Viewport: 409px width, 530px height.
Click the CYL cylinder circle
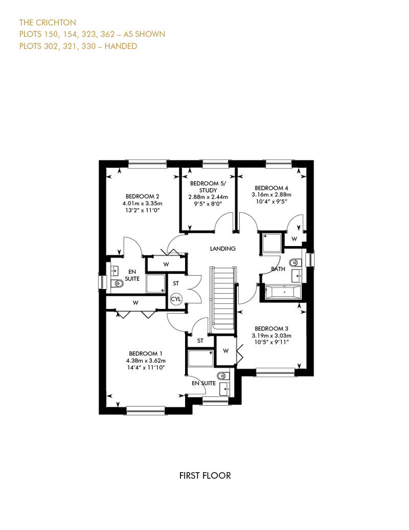coord(176,299)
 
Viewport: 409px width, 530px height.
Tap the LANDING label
coord(222,249)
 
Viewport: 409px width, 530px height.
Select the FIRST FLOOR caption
coord(205,476)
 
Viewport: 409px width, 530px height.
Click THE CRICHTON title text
coord(48,23)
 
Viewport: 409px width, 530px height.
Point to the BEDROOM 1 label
coord(146,354)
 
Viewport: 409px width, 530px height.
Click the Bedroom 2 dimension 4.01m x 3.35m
coord(142,204)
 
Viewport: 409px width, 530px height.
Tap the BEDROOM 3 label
coord(271,328)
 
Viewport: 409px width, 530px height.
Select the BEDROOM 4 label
coord(271,188)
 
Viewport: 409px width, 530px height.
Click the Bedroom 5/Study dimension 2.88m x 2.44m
coord(208,197)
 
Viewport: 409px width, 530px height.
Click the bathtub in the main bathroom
coord(283,292)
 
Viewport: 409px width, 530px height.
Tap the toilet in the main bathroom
coord(294,262)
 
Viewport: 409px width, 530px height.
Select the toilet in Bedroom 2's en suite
coord(117,283)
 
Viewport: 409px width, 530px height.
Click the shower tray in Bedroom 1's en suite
coord(200,358)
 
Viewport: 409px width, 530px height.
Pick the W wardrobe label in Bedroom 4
coord(294,238)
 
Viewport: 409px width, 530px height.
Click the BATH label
coord(278,269)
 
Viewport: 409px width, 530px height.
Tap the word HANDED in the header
coord(121,46)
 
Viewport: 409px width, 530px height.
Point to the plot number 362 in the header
coord(107,34)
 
